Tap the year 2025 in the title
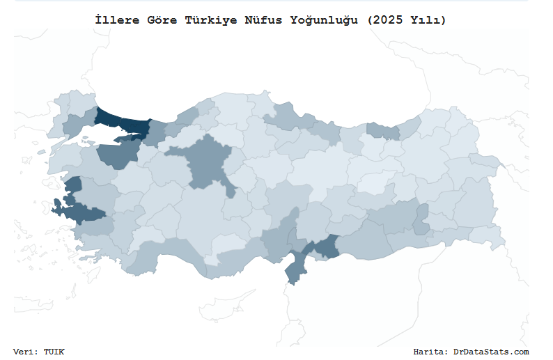(x=387, y=20)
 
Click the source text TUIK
(x=54, y=352)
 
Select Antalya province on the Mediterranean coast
(x=160, y=255)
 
